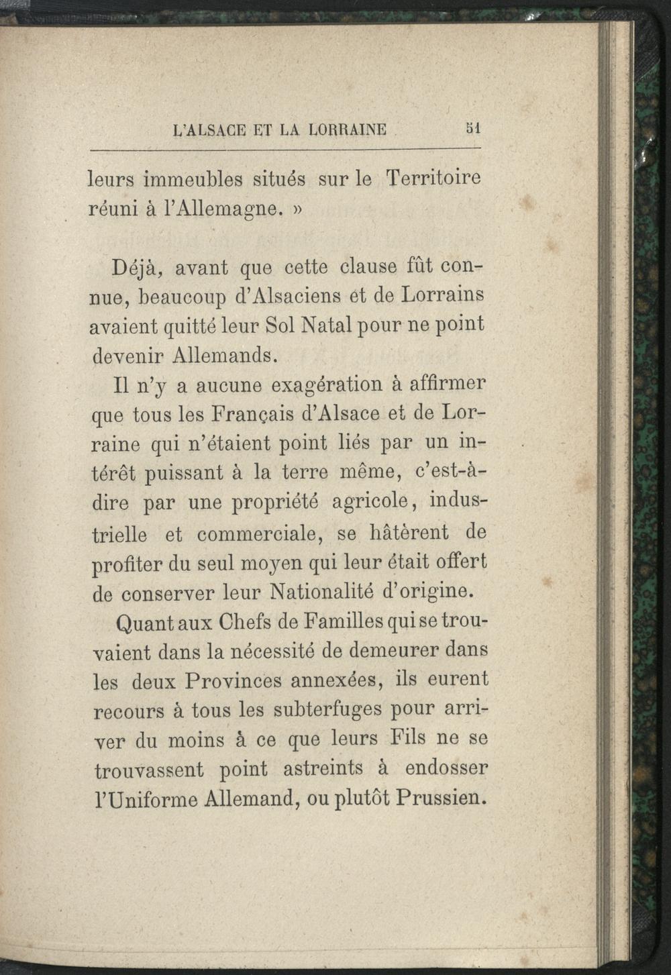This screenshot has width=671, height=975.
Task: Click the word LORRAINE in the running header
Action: [x=347, y=129]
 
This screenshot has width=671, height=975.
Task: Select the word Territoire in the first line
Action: [x=433, y=178]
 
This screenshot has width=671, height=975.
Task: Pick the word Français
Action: [x=246, y=414]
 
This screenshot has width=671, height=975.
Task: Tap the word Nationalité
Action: [x=321, y=593]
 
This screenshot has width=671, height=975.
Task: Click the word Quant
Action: [x=144, y=623]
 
